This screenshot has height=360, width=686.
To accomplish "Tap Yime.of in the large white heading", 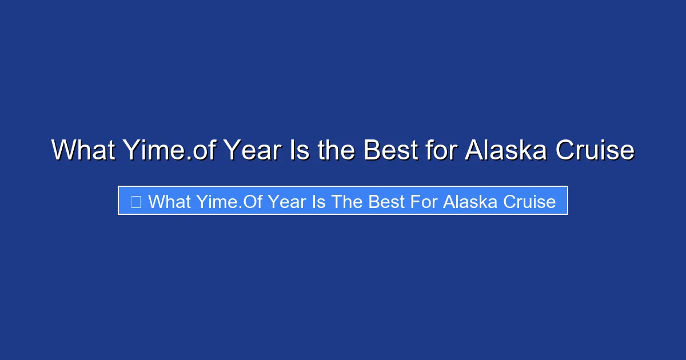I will coord(167,151).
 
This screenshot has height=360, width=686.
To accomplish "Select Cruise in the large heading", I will coord(595,151).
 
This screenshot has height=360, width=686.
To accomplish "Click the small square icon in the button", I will coord(135,201).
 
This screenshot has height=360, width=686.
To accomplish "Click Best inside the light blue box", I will coord(377,201).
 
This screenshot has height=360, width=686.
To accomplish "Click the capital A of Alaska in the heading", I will coord(474,151).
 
